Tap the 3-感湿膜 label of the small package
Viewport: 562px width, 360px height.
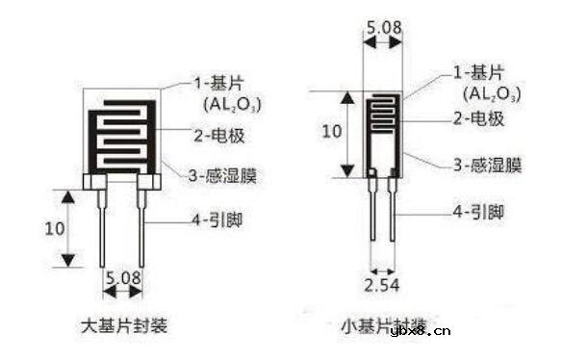coord(487,165)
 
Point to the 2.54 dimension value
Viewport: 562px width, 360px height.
coord(382,285)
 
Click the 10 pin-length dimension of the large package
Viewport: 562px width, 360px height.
coord(55,229)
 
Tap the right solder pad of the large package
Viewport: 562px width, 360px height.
coord(146,180)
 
